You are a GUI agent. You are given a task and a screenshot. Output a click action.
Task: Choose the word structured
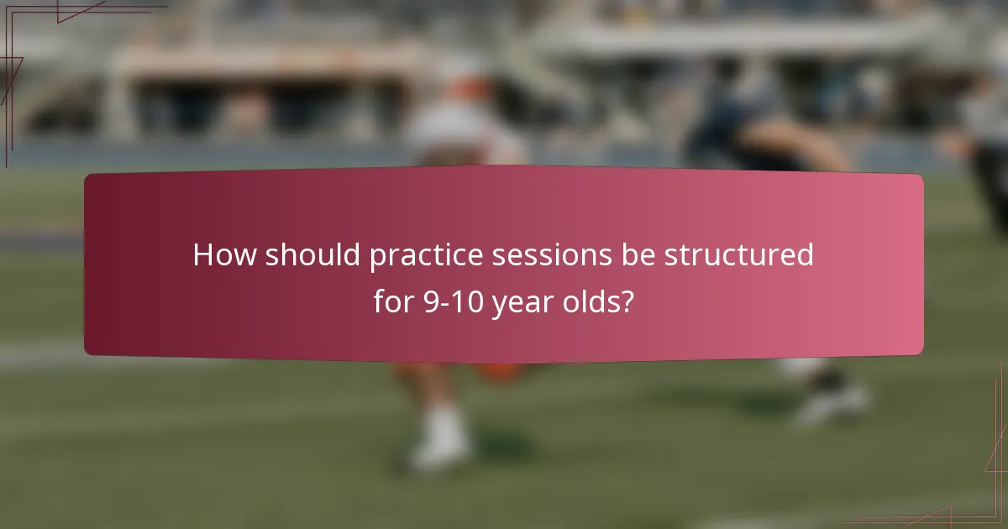coord(738,255)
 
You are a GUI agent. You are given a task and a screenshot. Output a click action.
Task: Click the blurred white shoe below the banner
coord(439,454)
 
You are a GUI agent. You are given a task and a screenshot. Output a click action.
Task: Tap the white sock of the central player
coord(443,423)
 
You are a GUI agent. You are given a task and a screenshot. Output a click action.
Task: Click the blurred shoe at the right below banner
coord(832,403)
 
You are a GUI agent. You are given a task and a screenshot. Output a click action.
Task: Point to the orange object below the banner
coord(504,372)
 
